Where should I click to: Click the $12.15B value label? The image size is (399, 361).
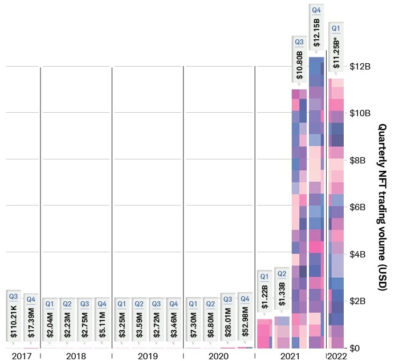pos(316,33)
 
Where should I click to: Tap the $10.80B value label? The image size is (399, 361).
pos(299,64)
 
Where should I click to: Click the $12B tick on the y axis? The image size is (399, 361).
pos(360,67)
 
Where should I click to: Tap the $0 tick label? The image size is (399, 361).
pos(354,348)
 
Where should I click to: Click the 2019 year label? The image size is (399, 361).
pos(147,356)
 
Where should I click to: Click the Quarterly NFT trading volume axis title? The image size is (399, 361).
pos(382,207)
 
